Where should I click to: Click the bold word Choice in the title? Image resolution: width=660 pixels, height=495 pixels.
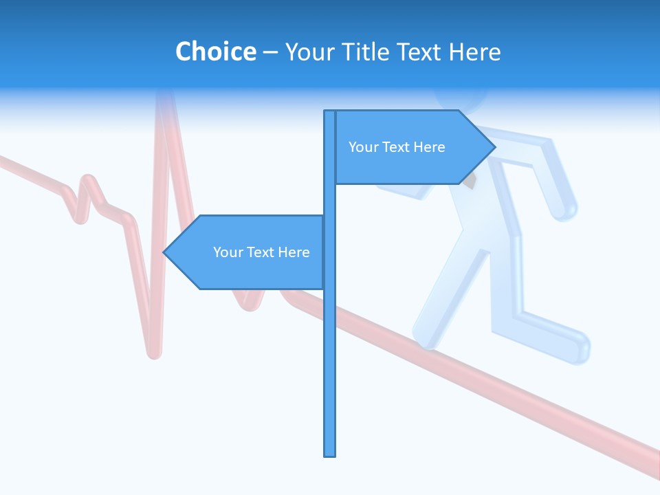215,52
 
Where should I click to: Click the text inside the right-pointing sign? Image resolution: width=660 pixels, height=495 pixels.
397,147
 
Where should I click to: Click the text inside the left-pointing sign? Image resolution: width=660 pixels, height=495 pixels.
261,252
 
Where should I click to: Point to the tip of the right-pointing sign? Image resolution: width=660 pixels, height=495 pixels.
494,146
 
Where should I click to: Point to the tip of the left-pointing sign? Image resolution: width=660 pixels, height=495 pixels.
164,252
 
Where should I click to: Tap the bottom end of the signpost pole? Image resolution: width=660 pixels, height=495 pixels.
329,454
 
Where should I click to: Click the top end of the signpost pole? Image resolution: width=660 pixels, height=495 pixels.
329,111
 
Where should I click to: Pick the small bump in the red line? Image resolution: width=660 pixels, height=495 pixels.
88,180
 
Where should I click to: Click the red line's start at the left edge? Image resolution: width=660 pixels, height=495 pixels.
2,160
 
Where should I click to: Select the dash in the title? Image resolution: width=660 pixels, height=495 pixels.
270,52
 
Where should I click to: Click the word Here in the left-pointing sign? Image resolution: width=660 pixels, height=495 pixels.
294,252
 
